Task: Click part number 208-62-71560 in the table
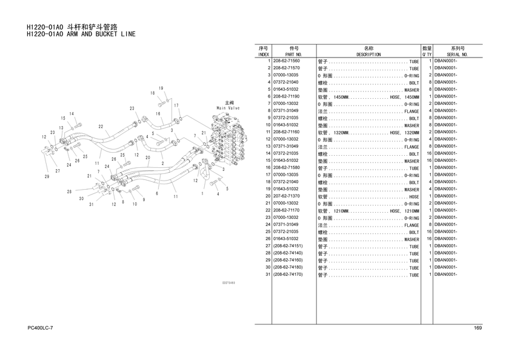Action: point(286,61)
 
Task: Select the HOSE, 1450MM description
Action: point(404,97)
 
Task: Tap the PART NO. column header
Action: point(293,55)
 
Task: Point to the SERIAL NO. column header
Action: point(457,55)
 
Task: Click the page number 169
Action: point(478,328)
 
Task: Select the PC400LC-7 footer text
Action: point(40,328)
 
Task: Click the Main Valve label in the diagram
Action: point(228,108)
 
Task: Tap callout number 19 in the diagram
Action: point(161,88)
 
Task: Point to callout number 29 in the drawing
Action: point(47,176)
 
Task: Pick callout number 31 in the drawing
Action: point(91,204)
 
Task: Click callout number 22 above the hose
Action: point(101,127)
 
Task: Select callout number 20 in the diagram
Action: point(148,158)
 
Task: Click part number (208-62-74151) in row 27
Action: point(288,245)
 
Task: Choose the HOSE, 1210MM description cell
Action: point(404,211)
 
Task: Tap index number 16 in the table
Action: point(268,167)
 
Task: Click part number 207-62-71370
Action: point(286,196)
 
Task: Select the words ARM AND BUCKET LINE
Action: point(101,34)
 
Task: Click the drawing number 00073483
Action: point(228,283)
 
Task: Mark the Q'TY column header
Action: point(427,55)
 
